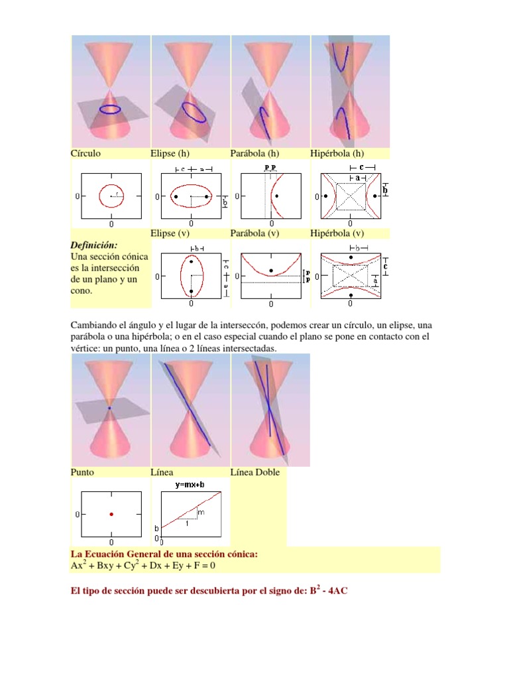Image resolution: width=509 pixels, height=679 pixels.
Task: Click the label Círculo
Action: click(86, 153)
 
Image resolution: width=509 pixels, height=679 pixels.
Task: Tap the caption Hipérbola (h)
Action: click(337, 153)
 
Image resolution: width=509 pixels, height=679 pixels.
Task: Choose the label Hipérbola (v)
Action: click(337, 233)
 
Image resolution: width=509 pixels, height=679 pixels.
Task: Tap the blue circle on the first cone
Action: click(110, 109)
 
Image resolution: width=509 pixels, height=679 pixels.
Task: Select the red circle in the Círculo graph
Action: click(111, 196)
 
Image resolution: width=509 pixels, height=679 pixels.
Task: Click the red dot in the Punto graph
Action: click(111, 514)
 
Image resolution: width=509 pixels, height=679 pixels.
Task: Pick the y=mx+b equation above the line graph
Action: click(190, 485)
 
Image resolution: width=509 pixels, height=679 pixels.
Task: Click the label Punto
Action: click(82, 472)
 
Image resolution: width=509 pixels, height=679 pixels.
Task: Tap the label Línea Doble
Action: click(254, 472)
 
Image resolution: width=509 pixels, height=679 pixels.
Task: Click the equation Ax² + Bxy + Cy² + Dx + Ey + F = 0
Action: click(144, 566)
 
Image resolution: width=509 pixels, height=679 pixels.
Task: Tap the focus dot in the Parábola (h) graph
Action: click(276, 196)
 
